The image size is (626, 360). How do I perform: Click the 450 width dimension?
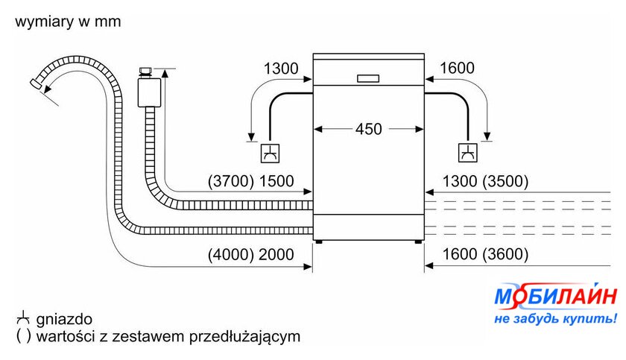pyautogui.click(x=368, y=129)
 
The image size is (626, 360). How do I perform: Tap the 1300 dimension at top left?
pyautogui.click(x=281, y=69)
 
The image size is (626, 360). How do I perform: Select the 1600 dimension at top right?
pyautogui.click(x=457, y=69)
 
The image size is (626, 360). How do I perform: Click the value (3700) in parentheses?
pyautogui.click(x=231, y=181)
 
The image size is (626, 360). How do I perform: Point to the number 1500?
pyautogui.click(x=276, y=181)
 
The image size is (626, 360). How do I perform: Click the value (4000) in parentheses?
pyautogui.click(x=231, y=254)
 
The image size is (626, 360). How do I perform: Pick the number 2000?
pyautogui.click(x=276, y=254)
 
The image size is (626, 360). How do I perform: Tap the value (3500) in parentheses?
pyautogui.click(x=505, y=181)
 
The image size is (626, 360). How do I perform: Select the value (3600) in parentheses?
pyautogui.click(x=505, y=254)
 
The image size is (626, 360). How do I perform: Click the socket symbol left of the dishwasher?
pyautogui.click(x=270, y=154)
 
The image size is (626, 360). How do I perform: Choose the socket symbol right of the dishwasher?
pyautogui.click(x=467, y=153)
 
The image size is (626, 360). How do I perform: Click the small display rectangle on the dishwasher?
pyautogui.click(x=368, y=78)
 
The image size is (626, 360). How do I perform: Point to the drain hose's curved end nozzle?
pyautogui.click(x=36, y=83)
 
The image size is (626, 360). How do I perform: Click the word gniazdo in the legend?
pyautogui.click(x=64, y=319)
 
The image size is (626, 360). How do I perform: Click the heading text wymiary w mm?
pyautogui.click(x=68, y=21)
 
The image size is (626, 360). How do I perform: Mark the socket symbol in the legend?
pyautogui.click(x=23, y=318)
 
